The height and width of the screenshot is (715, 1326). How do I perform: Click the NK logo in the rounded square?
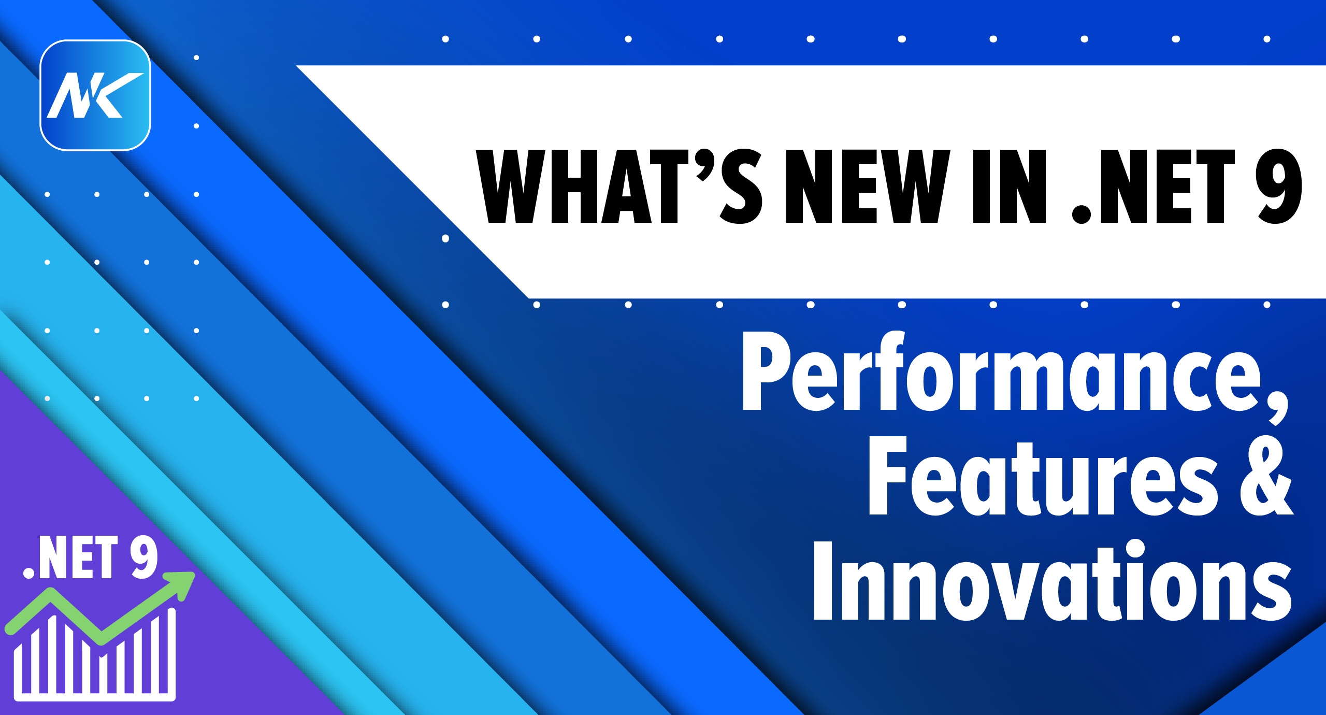pyautogui.click(x=95, y=95)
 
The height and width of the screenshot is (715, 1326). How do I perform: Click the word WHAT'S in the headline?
pyautogui.click(x=619, y=187)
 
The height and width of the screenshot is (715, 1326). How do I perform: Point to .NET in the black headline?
pyautogui.click(x=1153, y=187)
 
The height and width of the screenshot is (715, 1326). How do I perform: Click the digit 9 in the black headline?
pyautogui.click(x=1278, y=187)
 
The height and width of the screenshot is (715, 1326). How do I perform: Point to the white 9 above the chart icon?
pyautogui.click(x=144, y=557)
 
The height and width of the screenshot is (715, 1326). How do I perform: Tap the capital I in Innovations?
pyautogui.click(x=823, y=580)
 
